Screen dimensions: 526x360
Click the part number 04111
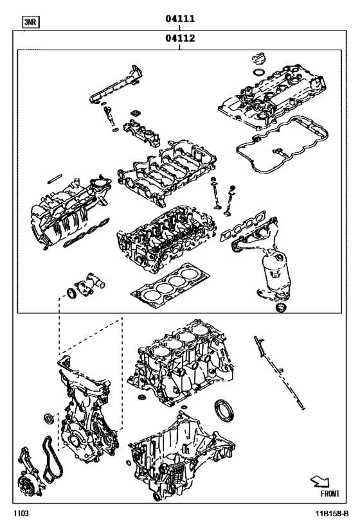(180, 19)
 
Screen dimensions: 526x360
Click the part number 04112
(180, 38)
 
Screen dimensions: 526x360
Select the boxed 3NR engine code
(30, 22)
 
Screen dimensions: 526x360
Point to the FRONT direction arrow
(328, 481)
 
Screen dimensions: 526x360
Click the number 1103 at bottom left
(21, 515)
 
